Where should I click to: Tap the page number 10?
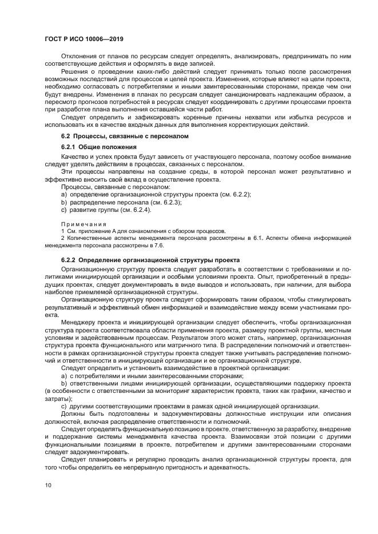click(x=49, y=485)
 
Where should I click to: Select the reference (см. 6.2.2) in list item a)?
click(x=235, y=194)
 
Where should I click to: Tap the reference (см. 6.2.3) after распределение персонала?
click(x=165, y=202)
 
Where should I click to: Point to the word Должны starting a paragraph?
click(x=74, y=413)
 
